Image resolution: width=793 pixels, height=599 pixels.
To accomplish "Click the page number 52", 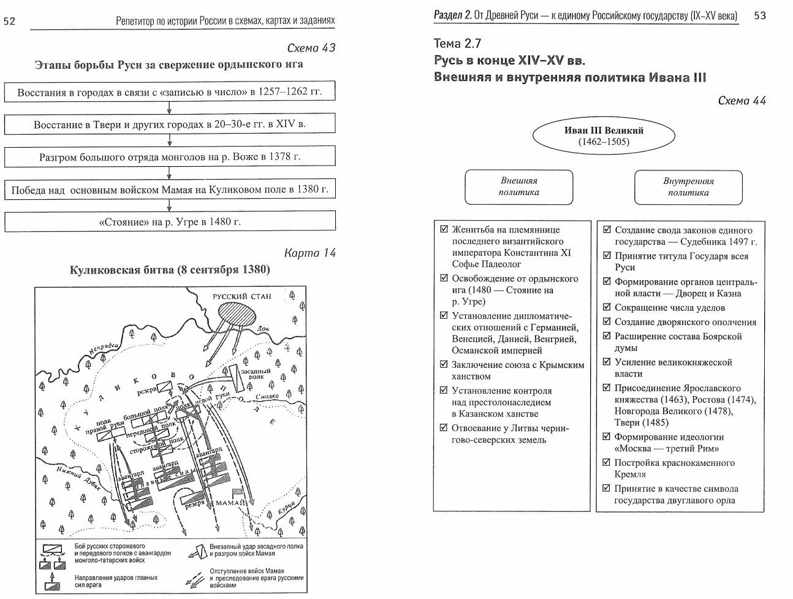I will [x=10, y=21].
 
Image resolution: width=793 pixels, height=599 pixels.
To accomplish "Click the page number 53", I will [x=760, y=15].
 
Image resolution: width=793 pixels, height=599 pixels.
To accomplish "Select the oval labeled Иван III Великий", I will [x=603, y=136].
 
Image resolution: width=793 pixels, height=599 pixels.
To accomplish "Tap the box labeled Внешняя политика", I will [x=518, y=187].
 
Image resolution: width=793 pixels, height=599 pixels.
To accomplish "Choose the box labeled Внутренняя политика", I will [x=688, y=187].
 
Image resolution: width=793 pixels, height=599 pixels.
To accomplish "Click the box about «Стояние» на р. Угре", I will [x=170, y=221].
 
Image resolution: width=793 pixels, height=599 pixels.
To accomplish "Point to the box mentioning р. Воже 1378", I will [x=170, y=156].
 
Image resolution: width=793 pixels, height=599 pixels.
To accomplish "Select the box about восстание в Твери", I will [x=170, y=124].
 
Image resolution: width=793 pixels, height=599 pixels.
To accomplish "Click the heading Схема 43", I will [x=311, y=48].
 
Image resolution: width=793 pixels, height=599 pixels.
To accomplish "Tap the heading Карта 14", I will [x=310, y=253].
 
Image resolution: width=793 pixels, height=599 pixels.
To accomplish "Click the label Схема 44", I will [x=742, y=101].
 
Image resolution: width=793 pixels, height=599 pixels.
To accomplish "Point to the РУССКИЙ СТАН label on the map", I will [x=241, y=296].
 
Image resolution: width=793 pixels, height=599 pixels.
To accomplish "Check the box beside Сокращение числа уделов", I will [x=607, y=307].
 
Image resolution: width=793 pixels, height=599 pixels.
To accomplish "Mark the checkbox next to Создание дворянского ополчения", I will [x=607, y=321].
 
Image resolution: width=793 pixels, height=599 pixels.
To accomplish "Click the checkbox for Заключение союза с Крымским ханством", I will [x=444, y=364].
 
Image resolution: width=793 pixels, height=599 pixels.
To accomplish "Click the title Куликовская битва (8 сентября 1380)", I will [x=170, y=270].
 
